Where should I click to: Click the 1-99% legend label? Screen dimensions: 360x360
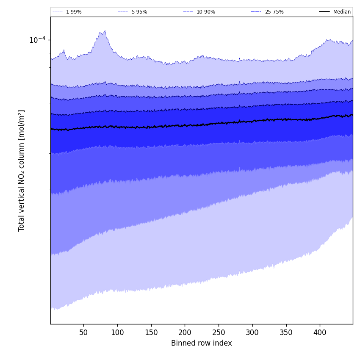pos(74,12)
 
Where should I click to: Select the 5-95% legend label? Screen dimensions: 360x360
pos(139,12)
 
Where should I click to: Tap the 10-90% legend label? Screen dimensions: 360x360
pos(205,12)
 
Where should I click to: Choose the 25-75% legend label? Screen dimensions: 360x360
pos(274,12)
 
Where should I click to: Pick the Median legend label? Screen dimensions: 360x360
pos(342,12)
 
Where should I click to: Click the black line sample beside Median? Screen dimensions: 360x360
pos(324,12)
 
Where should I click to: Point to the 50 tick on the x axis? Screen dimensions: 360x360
pos(83,332)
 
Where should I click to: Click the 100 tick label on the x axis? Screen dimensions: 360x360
pos(117,332)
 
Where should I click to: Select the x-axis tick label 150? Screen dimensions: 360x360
pos(151,332)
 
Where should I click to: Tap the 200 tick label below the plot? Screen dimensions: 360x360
pos(185,332)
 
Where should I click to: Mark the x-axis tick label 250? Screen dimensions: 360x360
pos(219,332)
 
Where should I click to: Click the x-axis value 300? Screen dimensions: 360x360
pos(252,332)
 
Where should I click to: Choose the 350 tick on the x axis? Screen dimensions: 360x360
pos(286,332)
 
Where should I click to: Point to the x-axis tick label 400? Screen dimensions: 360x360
pos(320,332)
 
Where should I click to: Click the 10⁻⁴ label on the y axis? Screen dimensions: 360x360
pos(37,40)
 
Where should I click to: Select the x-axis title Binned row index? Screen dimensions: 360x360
pos(202,343)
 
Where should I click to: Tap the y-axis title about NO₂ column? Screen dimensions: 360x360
pos(22,170)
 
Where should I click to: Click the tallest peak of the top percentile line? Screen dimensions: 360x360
pos(105,31)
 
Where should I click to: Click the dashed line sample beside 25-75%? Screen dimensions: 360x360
pos(256,12)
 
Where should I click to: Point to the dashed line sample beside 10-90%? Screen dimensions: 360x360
pos(188,12)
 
